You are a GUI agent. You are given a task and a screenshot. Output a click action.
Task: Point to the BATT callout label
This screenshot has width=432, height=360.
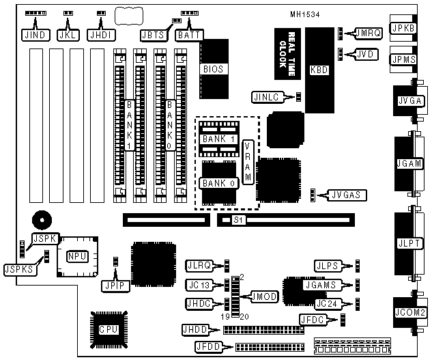[188, 33]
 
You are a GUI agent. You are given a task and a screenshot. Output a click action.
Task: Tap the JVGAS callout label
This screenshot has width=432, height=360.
[346, 195]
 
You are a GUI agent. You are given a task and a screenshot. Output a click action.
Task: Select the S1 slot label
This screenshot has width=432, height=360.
[237, 220]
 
